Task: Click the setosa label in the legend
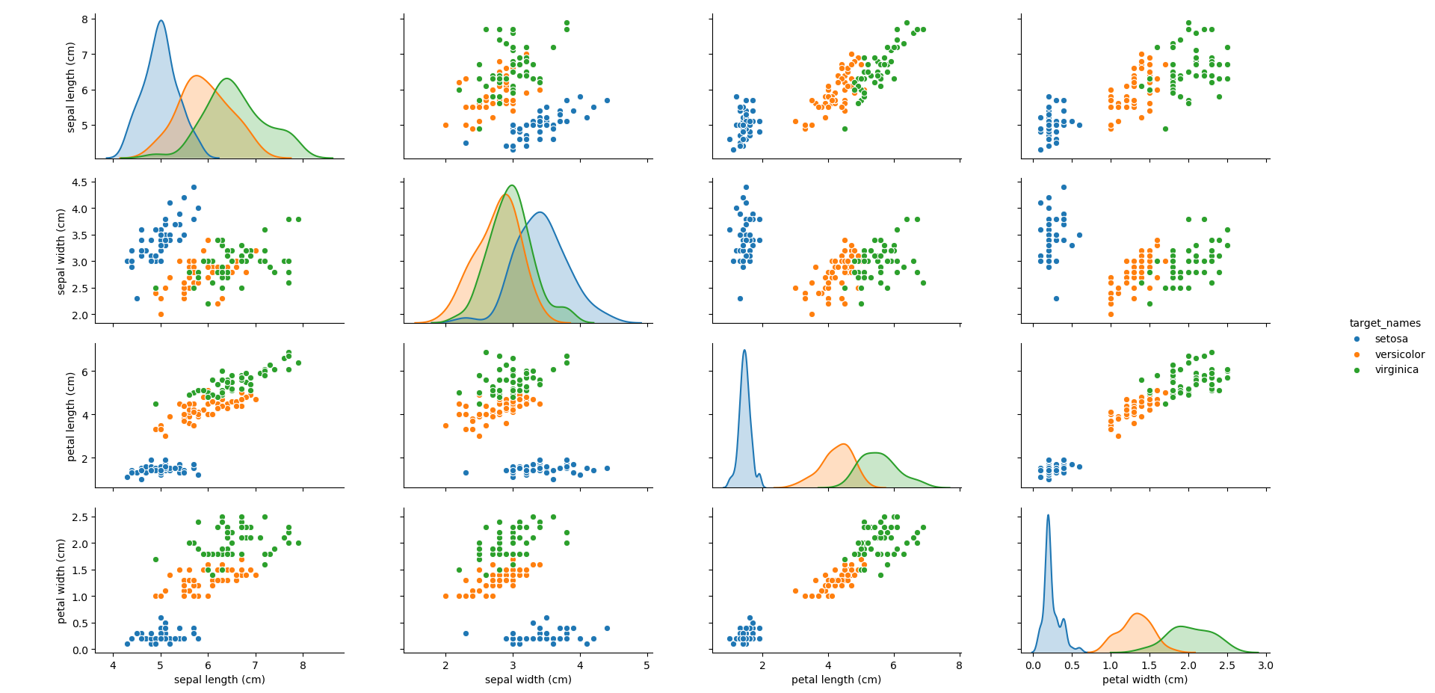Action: click(1391, 339)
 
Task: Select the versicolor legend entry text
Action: click(1399, 354)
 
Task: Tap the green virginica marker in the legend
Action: click(1357, 370)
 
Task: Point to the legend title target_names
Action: click(1384, 323)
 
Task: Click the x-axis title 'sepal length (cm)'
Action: click(219, 680)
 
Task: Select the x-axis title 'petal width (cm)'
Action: click(1144, 680)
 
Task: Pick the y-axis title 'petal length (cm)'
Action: click(72, 416)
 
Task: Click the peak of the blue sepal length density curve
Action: click(161, 20)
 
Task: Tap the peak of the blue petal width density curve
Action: click(1048, 515)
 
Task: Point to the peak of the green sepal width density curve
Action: click(511, 185)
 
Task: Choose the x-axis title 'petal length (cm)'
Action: click(836, 680)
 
